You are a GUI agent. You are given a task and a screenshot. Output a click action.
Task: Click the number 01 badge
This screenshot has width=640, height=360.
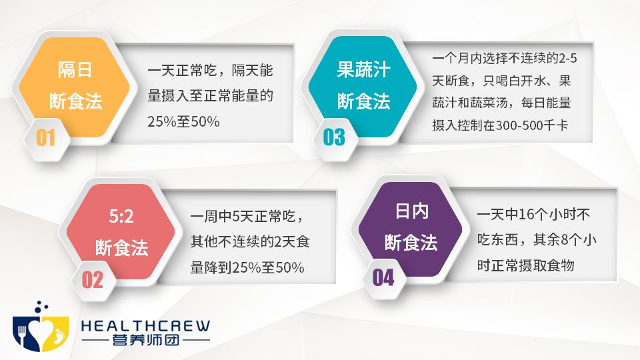[x=46, y=137]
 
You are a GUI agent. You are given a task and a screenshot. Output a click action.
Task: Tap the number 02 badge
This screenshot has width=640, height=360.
[x=93, y=279]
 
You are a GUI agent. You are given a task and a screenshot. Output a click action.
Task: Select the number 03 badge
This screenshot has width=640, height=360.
[x=334, y=137]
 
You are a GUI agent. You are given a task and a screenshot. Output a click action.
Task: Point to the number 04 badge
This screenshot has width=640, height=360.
[x=383, y=277]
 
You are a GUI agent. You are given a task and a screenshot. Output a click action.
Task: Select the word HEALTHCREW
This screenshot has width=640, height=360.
[x=145, y=326]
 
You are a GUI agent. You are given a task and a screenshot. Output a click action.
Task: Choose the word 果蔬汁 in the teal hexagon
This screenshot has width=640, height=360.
[x=363, y=69]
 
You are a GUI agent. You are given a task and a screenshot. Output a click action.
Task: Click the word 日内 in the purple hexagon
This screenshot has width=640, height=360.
[x=411, y=211]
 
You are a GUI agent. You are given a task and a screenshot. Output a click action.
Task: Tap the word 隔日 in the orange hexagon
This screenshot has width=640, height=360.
[x=75, y=71]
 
